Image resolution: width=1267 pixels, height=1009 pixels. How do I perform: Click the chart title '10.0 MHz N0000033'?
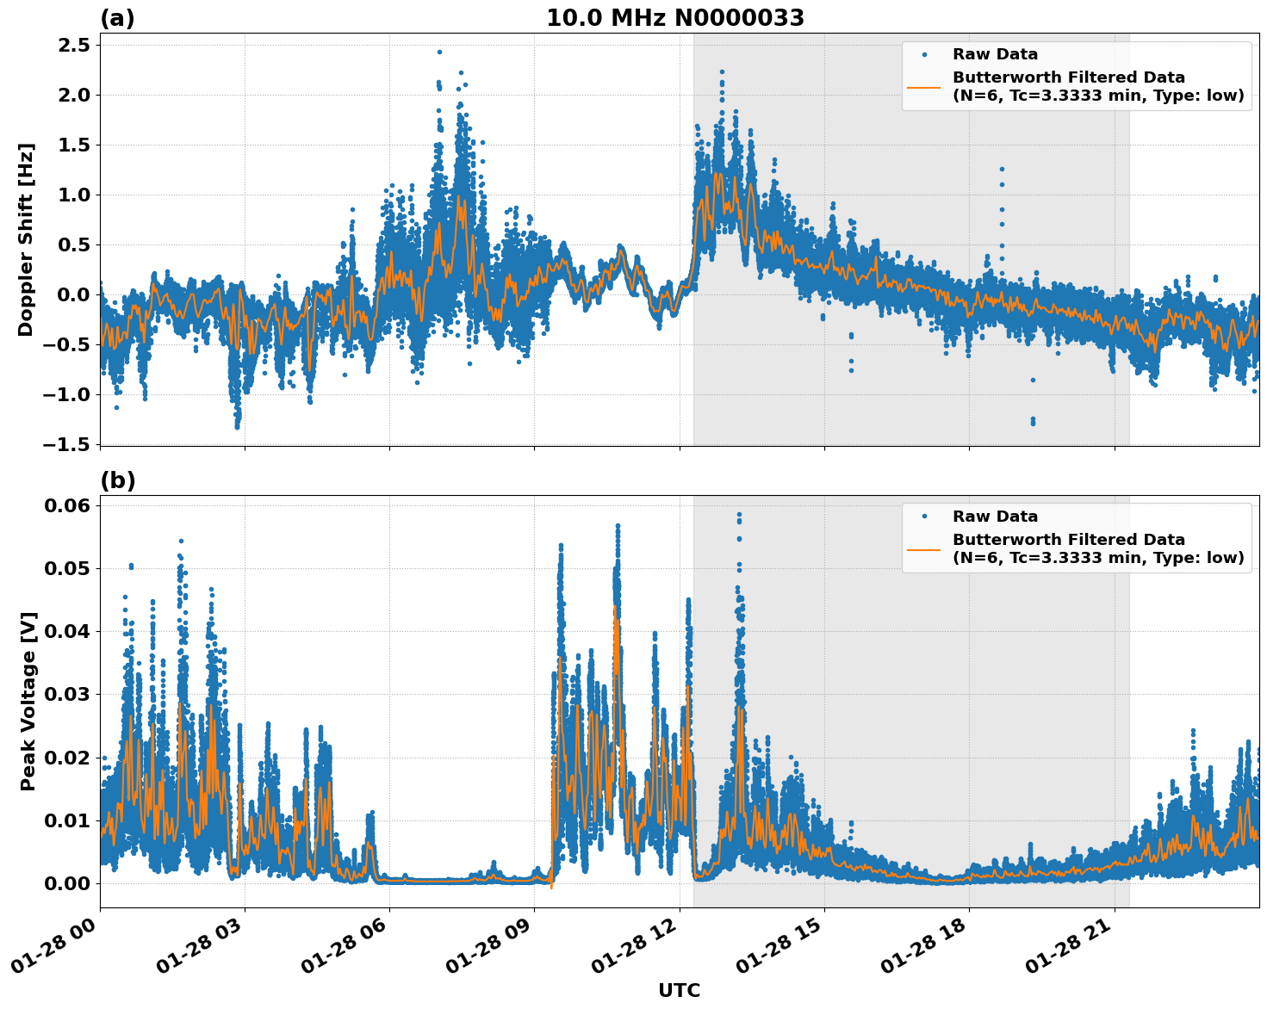coord(675,18)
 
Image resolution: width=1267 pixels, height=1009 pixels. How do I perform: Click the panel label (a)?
coord(117,18)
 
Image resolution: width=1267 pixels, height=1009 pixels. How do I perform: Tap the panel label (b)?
coord(117,480)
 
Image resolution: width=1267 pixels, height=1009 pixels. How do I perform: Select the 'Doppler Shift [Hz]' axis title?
coord(26,239)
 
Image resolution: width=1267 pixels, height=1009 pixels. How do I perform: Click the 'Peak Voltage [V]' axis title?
coord(28,701)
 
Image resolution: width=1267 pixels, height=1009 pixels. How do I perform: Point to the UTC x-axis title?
coord(679,990)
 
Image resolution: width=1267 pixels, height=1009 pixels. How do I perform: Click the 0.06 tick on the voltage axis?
coord(67,505)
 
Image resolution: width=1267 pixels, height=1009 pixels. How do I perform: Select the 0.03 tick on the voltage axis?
coord(67,694)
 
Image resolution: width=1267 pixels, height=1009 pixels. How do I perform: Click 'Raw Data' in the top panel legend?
coord(995,54)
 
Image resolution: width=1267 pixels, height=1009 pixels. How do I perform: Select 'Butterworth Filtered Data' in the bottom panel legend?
coord(1068,540)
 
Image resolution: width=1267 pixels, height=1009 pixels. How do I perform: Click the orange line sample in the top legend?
coord(924,86)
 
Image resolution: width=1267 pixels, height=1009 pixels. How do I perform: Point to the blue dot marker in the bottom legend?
coord(924,517)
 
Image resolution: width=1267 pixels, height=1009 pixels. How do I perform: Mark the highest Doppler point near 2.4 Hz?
coord(439,52)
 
